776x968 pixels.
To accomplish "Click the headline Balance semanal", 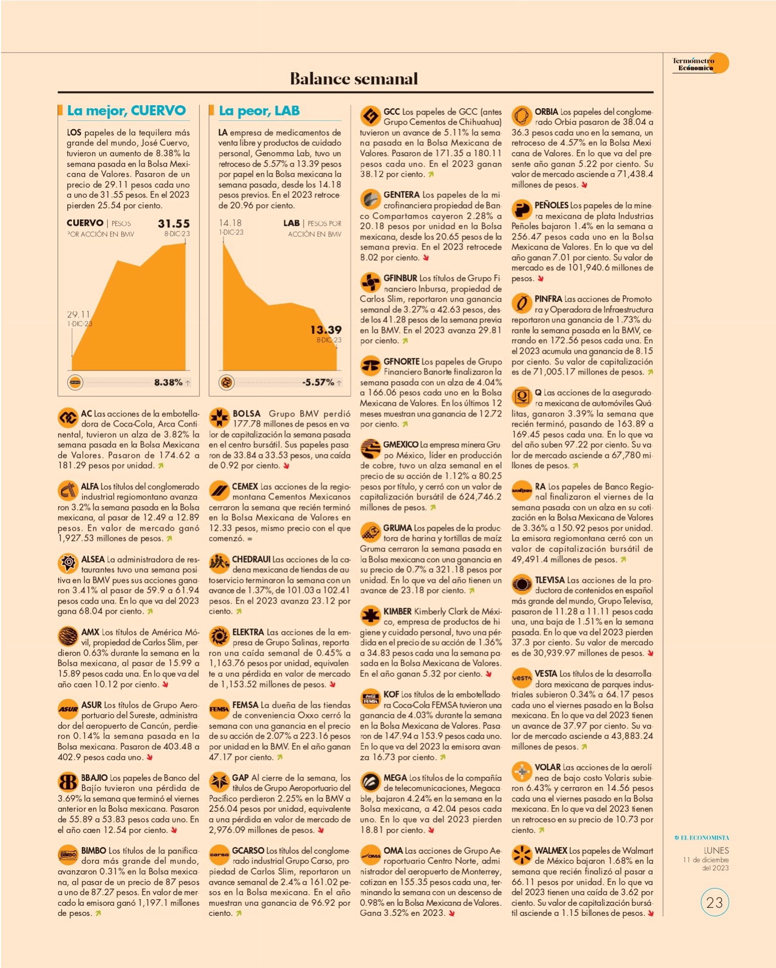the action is pyautogui.click(x=354, y=78).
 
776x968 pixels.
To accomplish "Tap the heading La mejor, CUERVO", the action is pyautogui.click(x=126, y=111).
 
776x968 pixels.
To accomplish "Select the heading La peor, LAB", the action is pyautogui.click(x=259, y=111).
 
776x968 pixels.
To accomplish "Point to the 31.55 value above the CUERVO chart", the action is pyautogui.click(x=174, y=223).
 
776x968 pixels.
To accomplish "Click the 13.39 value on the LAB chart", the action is pyautogui.click(x=326, y=330).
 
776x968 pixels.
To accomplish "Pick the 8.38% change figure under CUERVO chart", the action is pyautogui.click(x=168, y=382).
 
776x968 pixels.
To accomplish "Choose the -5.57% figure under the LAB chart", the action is pyautogui.click(x=318, y=382).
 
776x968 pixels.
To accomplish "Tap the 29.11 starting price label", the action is pyautogui.click(x=78, y=314).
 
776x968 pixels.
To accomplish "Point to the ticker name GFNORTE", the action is pyautogui.click(x=401, y=361).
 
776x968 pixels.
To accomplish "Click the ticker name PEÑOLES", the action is pyautogui.click(x=552, y=205).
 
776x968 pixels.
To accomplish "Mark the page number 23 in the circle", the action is pyautogui.click(x=714, y=902).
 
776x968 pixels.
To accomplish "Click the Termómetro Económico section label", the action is pyautogui.click(x=693, y=64).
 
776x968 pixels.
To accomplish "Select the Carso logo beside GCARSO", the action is pyautogui.click(x=219, y=855).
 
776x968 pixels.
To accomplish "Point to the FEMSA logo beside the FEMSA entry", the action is pyautogui.click(x=219, y=709).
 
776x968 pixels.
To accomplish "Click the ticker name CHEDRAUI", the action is pyautogui.click(x=251, y=559).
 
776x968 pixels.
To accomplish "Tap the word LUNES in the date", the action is pyautogui.click(x=716, y=851).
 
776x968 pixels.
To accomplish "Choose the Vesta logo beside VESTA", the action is pyautogui.click(x=521, y=678).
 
